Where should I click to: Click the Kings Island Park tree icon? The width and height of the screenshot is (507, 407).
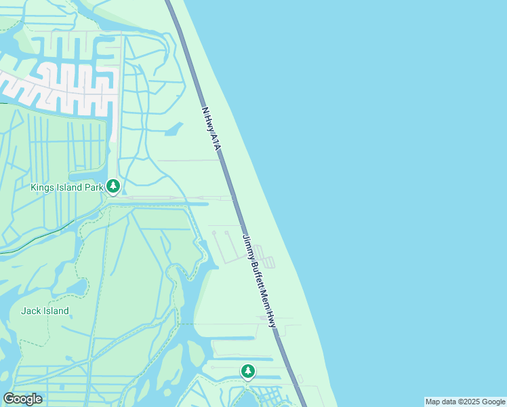pos(114,185)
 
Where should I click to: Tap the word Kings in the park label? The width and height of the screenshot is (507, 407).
pos(43,187)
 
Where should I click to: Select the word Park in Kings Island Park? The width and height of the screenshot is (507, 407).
pos(94,187)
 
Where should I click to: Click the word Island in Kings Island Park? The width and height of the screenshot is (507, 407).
pos(70,187)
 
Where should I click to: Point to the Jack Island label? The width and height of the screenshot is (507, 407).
pos(45,311)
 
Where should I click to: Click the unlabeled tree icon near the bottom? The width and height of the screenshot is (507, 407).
pos(248,370)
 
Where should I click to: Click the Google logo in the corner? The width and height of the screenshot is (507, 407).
pos(23,399)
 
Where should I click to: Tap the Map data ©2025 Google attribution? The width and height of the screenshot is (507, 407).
pos(465,402)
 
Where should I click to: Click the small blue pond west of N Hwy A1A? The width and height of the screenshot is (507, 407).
pos(175,128)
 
